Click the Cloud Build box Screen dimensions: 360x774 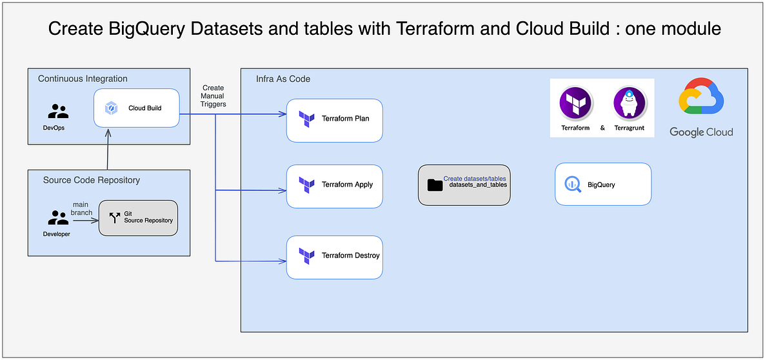click(136, 108)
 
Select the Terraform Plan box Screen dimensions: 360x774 click(334, 119)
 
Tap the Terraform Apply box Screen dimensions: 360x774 click(334, 186)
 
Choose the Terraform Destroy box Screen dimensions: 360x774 click(334, 257)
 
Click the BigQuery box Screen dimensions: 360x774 click(602, 185)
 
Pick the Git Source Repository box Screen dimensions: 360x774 click(139, 217)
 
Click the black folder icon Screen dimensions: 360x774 click(435, 185)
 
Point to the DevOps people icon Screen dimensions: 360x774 click(58, 111)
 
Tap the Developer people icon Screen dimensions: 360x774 click(58, 217)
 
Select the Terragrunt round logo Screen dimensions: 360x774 click(629, 105)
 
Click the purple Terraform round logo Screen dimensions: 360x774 click(576, 105)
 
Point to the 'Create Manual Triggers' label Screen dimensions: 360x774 click(213, 95)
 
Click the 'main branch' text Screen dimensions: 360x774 click(81, 208)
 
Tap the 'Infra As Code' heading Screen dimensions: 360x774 click(283, 79)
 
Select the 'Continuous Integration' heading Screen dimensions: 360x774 click(83, 79)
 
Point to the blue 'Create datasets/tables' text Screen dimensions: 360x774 click(475, 178)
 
